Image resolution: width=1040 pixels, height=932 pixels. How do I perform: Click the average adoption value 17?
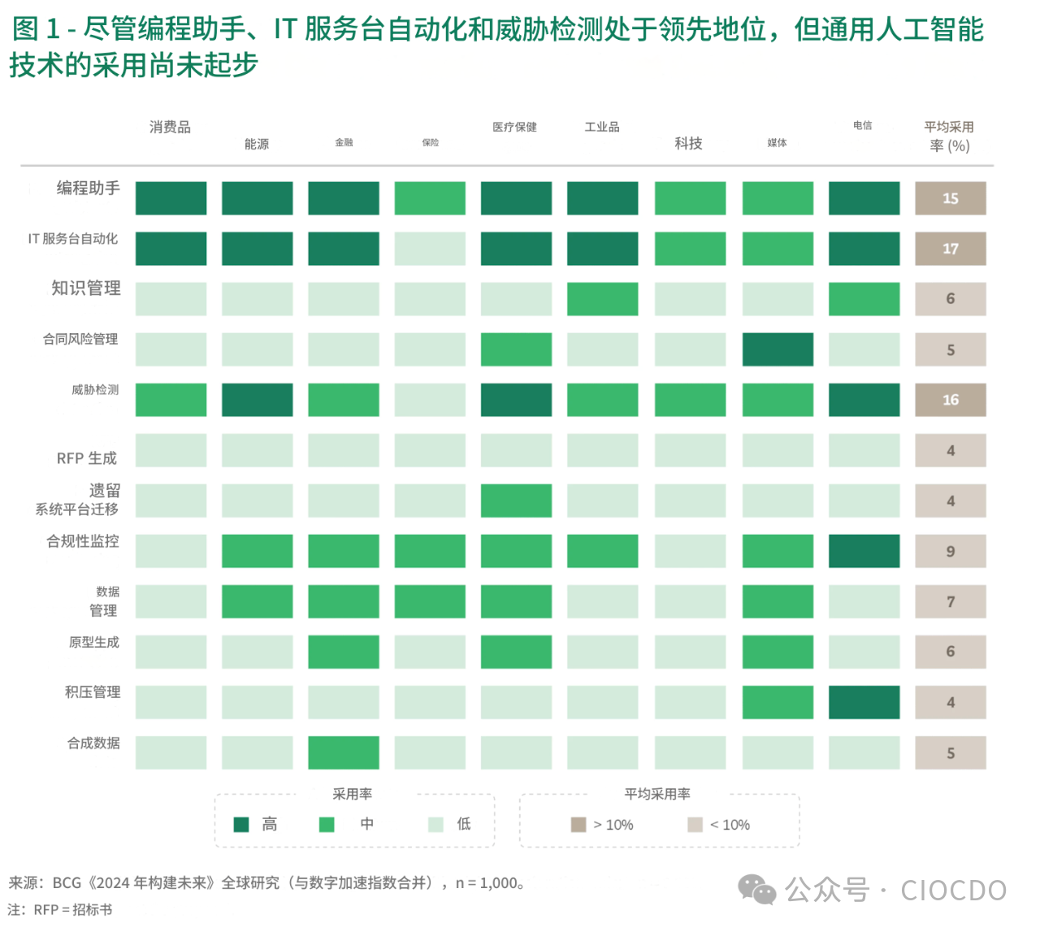click(950, 249)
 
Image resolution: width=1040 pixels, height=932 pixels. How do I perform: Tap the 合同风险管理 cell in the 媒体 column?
click(778, 349)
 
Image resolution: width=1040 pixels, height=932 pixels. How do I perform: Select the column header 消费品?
click(170, 127)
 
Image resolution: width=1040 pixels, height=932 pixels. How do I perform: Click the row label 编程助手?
click(88, 188)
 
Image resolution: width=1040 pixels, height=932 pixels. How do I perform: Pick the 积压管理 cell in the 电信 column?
click(864, 702)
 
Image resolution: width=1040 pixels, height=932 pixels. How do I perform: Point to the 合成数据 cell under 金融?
click(344, 752)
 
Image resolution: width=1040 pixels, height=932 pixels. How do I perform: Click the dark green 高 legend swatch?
click(241, 825)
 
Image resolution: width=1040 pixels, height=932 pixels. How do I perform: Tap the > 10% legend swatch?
click(578, 825)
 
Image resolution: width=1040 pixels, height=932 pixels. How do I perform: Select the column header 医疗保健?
click(514, 127)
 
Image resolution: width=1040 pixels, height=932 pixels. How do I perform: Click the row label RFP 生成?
click(87, 458)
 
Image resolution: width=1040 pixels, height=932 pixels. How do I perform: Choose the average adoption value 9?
click(950, 551)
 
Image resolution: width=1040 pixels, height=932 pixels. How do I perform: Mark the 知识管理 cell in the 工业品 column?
click(602, 299)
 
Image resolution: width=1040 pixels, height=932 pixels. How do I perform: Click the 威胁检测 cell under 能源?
click(257, 400)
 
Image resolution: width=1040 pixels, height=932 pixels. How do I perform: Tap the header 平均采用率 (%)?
click(948, 136)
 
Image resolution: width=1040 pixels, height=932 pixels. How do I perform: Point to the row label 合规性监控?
click(83, 541)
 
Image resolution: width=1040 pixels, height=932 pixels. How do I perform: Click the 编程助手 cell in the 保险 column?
click(430, 198)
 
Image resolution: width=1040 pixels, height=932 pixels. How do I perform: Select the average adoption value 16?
click(950, 400)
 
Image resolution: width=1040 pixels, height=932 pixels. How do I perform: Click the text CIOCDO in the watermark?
click(953, 890)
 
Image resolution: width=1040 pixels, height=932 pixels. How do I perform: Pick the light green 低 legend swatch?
click(435, 825)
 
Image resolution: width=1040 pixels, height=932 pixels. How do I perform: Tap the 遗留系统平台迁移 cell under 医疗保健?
click(516, 501)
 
